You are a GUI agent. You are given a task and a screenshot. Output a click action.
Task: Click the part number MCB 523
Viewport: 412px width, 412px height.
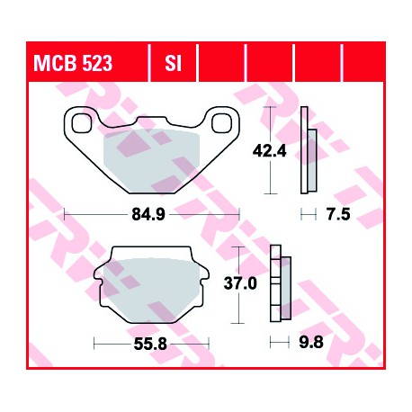click(73, 63)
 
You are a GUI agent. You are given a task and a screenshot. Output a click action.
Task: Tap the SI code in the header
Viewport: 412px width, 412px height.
click(173, 63)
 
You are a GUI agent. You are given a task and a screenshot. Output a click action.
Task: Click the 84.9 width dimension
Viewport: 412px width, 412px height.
click(148, 214)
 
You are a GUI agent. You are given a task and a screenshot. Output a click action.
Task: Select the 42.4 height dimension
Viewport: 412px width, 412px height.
click(269, 151)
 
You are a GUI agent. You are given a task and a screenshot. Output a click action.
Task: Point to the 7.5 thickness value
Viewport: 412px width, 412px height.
click(338, 215)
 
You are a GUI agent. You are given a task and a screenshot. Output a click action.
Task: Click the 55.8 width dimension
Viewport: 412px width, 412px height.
click(150, 344)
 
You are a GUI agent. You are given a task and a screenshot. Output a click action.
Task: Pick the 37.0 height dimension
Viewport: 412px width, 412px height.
click(240, 283)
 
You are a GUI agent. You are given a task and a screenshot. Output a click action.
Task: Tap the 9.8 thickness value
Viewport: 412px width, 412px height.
click(311, 342)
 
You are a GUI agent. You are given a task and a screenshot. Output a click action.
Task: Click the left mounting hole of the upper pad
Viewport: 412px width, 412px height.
click(81, 123)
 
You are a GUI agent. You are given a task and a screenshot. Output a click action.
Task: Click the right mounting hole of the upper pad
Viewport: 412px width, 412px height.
click(221, 123)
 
